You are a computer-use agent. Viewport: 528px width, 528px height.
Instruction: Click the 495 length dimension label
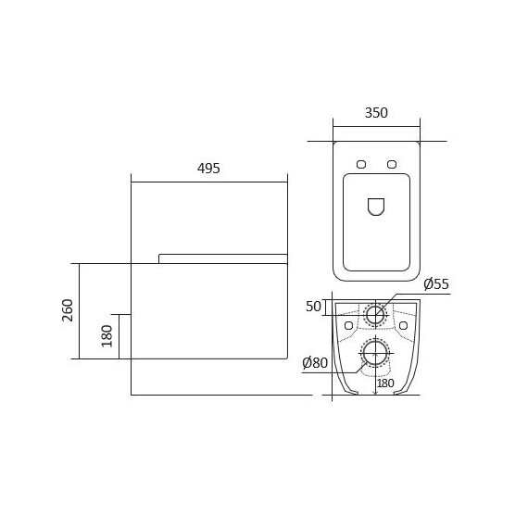coord(208,169)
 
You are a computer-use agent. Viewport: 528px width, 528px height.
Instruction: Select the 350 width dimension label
coord(376,113)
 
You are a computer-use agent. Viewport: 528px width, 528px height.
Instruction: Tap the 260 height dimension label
coord(68,310)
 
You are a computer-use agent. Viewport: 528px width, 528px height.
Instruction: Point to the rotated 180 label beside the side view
coord(107,336)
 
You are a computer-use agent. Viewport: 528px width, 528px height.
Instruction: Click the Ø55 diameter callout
coord(436,283)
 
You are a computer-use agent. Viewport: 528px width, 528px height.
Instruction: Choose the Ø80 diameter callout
coord(315,363)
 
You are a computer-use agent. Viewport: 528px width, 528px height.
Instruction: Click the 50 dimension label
coord(313,307)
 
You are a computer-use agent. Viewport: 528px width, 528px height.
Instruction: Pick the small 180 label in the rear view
coord(385,383)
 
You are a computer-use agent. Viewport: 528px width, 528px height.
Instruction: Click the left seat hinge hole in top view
coord(361,164)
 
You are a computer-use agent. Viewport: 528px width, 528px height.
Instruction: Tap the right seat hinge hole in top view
coord(392,164)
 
